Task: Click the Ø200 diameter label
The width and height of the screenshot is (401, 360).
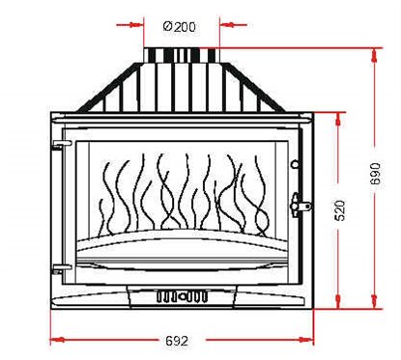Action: click(181, 25)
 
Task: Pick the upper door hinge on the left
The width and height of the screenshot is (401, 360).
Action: click(58, 146)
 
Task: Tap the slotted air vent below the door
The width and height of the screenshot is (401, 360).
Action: click(182, 296)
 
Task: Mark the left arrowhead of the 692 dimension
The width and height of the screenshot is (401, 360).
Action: click(54, 339)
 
